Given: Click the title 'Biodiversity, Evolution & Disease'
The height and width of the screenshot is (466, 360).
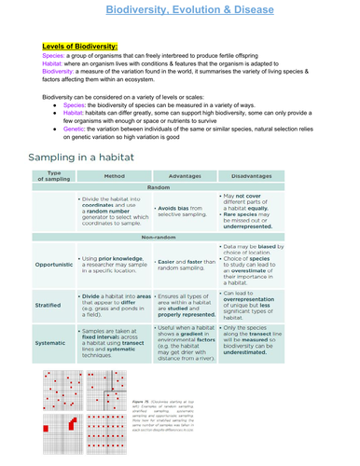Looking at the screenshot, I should (x=180, y=8).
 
